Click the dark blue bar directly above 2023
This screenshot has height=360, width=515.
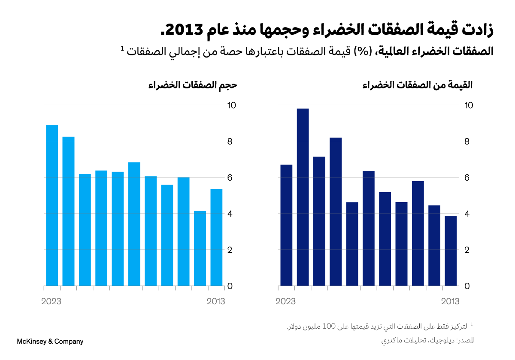286,225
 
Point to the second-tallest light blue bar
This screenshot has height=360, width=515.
68,211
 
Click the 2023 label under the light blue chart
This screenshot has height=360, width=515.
51,302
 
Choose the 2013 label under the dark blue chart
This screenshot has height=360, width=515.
451,302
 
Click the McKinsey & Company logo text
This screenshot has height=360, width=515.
50,342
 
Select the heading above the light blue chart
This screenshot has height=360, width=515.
193,85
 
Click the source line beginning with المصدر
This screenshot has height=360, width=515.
427,341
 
